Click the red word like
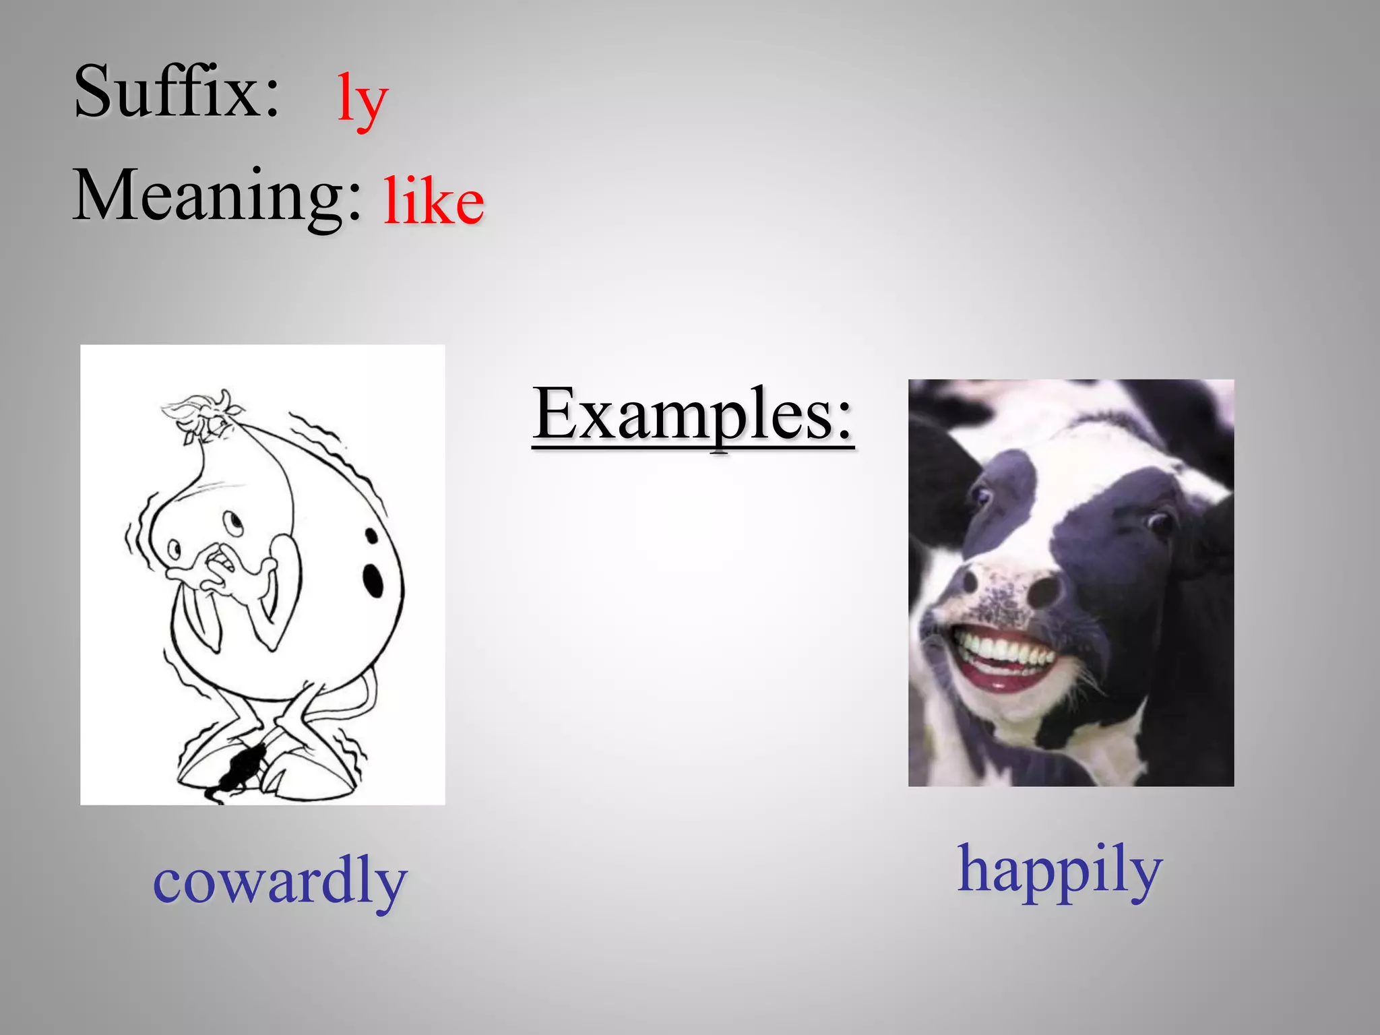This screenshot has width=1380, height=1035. tap(433, 201)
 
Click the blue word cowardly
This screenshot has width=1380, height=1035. tap(280, 880)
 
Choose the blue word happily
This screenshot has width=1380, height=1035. tap(1060, 869)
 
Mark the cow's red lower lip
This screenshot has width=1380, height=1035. tap(997, 684)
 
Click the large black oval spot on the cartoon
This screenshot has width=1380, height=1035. tap(373, 579)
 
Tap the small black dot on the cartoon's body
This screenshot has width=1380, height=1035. tap(371, 536)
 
